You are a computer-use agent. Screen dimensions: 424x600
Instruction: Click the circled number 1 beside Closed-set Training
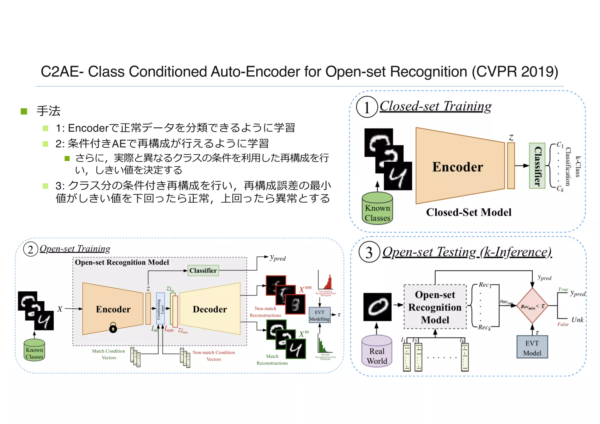(367, 107)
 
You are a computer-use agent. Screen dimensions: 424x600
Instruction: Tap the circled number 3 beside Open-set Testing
(369, 252)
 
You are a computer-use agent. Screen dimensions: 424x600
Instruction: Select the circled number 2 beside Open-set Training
(30, 249)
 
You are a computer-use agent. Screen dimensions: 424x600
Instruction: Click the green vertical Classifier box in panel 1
(537, 166)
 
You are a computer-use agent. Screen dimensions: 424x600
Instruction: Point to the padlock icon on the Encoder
(113, 328)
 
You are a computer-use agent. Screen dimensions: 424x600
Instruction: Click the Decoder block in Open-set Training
(210, 309)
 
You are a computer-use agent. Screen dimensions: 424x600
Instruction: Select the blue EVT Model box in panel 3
(532, 348)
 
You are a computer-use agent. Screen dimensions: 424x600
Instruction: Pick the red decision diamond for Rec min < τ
(532, 306)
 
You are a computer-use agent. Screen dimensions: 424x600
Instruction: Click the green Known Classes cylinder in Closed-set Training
(377, 208)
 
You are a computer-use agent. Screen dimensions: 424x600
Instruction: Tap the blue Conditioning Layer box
(160, 309)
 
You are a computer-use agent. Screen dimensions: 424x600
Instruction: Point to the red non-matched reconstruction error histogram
(326, 281)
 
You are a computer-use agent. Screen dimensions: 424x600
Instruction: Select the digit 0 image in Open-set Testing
(377, 307)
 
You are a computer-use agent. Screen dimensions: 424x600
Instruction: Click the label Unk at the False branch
(577, 320)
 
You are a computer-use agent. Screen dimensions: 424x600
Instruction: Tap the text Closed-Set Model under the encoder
(468, 212)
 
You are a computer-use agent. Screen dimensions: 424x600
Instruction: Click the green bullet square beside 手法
(24, 111)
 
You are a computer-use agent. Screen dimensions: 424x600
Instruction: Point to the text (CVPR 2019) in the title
(515, 71)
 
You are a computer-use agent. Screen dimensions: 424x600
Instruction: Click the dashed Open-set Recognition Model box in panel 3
(435, 307)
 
